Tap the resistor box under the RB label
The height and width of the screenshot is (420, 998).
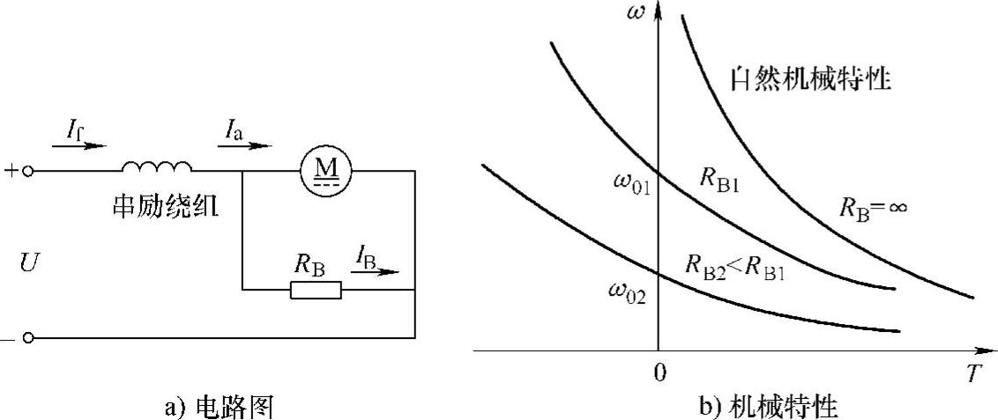316,289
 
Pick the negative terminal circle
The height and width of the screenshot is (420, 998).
29,337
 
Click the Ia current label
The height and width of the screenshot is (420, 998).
230,134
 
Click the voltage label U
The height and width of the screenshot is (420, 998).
28,262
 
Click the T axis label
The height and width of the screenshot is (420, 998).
972,374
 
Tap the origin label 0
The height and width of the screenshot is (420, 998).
658,373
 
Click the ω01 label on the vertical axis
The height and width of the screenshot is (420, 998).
632,186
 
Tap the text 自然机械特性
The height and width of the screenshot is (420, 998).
810,78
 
